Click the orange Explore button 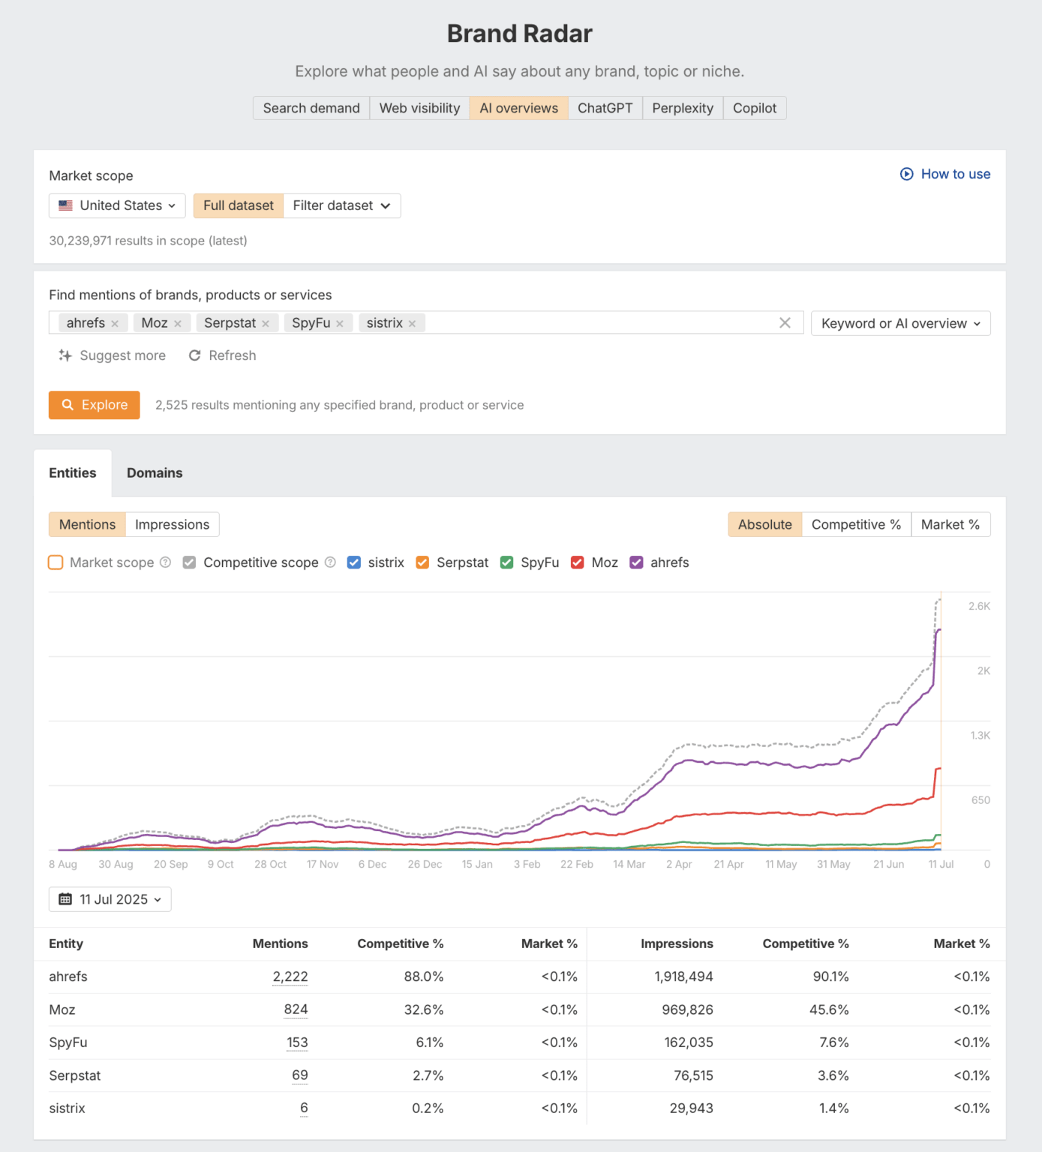point(95,405)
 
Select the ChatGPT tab point(605,108)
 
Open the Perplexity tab point(682,108)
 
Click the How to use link point(945,174)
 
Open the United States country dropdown point(117,205)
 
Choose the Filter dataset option point(341,205)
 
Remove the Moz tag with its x point(178,323)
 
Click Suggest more point(113,355)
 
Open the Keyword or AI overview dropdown point(900,323)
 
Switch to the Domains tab point(155,473)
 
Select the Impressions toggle point(172,525)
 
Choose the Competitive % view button point(856,525)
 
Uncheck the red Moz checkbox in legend point(578,562)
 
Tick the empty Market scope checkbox point(56,562)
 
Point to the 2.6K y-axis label point(979,606)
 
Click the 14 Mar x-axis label point(629,864)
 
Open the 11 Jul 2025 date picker point(110,899)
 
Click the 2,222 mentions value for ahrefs point(290,976)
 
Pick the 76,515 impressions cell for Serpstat point(693,1075)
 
